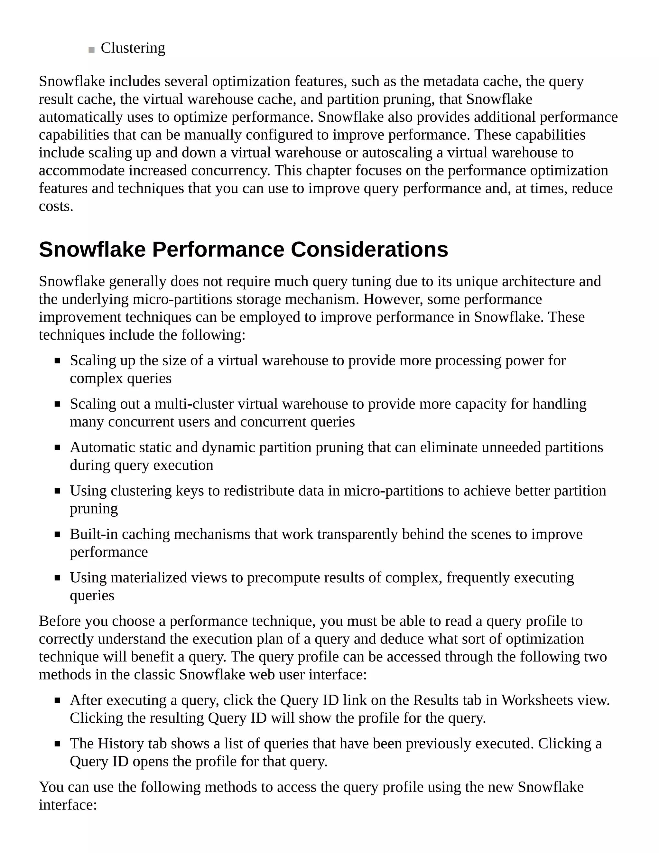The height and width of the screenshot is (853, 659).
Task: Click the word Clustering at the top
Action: click(x=133, y=48)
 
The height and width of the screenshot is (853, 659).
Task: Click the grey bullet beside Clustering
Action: click(x=92, y=50)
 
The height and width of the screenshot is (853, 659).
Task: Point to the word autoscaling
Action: click(x=397, y=153)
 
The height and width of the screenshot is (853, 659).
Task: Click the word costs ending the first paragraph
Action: click(x=56, y=206)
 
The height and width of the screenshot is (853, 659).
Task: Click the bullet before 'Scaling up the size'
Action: click(x=57, y=361)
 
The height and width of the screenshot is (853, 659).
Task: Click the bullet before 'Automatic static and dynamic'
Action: click(x=57, y=448)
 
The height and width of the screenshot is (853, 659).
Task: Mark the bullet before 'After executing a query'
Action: click(x=57, y=701)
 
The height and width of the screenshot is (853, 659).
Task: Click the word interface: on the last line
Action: click(x=68, y=805)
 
